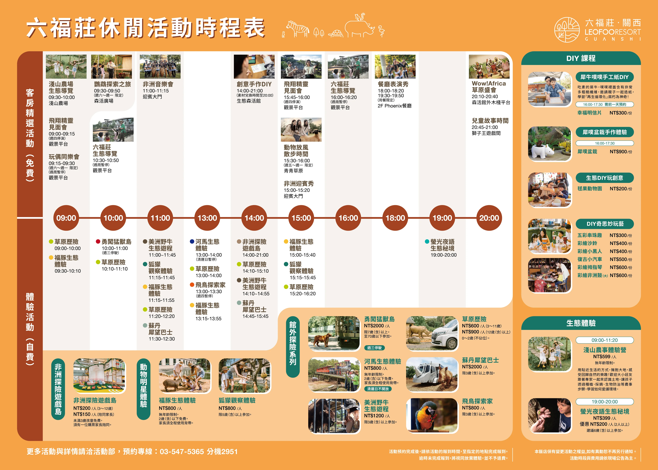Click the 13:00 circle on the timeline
click(207, 218)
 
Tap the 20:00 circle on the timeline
click(489, 218)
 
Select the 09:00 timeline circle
click(66, 218)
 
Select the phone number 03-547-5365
click(182, 451)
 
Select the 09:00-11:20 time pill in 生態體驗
click(604, 340)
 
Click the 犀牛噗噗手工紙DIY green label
click(604, 77)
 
